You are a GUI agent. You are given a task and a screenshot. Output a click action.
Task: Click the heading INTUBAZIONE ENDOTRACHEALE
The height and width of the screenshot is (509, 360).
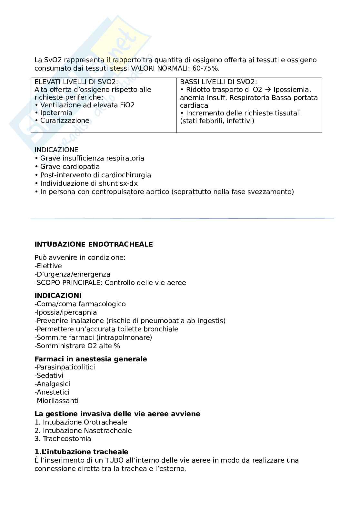94,244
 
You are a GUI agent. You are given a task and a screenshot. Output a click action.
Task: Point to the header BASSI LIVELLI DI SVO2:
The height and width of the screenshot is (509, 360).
218,82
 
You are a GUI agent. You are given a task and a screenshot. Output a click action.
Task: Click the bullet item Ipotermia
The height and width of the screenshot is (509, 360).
56,113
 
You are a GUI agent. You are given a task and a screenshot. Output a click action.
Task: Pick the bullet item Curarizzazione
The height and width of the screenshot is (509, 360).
65,121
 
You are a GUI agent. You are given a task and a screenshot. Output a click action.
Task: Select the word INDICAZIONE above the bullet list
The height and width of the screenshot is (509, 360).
56,150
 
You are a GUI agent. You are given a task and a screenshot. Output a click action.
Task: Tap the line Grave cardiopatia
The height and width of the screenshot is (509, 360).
70,167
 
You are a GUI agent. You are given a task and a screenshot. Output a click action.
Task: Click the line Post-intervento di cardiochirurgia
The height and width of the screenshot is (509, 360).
95,175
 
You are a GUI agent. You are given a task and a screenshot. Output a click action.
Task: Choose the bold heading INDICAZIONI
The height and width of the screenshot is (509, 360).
58,296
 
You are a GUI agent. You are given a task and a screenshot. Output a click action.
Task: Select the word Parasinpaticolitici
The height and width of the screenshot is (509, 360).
66,367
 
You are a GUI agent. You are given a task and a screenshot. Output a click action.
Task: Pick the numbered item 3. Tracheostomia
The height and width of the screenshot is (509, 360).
63,439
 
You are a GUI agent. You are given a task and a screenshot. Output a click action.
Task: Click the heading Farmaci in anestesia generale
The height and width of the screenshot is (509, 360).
91,359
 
